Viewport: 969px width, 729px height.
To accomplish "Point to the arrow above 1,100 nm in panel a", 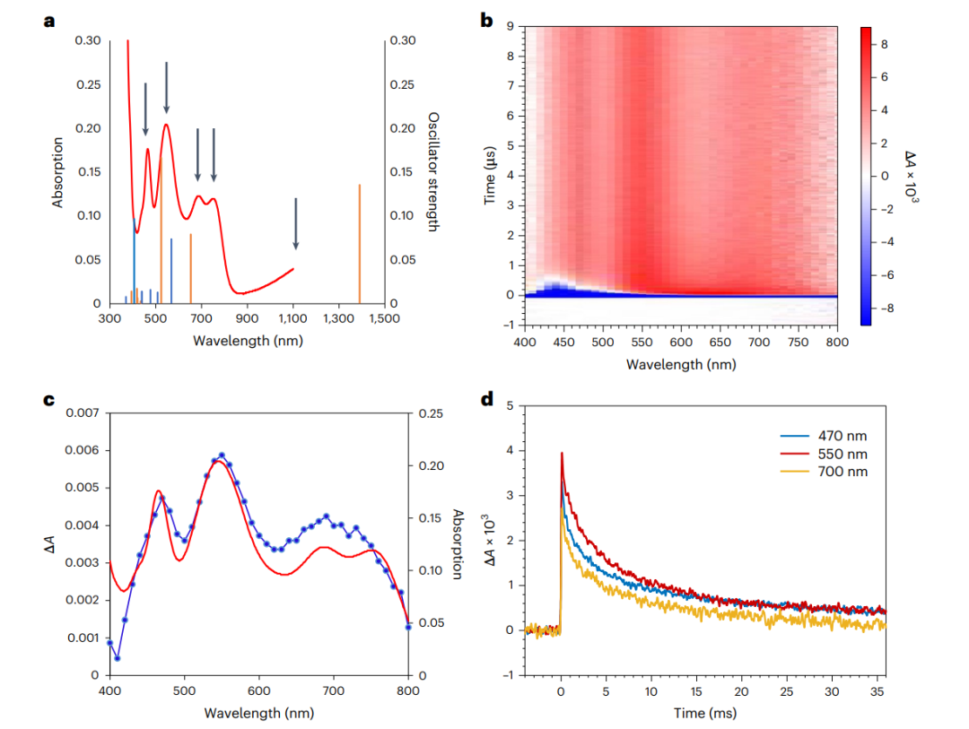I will (295, 224).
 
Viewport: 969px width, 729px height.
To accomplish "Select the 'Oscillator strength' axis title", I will (432, 172).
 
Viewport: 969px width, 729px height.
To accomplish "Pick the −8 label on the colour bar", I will (886, 308).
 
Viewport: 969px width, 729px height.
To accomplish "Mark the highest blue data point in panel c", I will (222, 456).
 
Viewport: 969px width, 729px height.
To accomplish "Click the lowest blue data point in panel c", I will (118, 658).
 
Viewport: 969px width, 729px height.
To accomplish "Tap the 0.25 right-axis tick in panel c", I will (430, 413).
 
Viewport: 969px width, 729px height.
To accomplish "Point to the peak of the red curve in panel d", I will (562, 454).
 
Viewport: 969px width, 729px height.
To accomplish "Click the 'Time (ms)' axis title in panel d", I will (705, 713).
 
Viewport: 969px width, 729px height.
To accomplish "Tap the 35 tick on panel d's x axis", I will (878, 693).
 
